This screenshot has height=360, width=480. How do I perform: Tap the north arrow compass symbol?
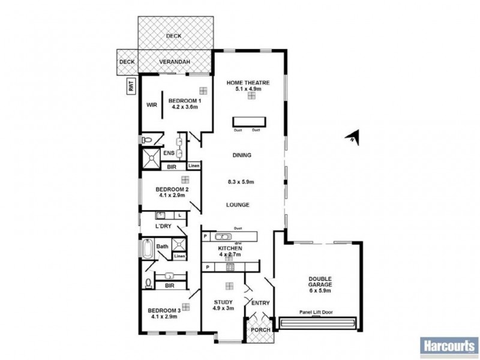pos(354,137)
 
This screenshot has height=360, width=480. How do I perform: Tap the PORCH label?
pos(259,330)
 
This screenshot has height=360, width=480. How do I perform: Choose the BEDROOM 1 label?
pos(184,100)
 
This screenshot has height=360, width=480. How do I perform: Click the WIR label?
pos(152,104)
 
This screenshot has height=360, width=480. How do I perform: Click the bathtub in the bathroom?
pos(147,248)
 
